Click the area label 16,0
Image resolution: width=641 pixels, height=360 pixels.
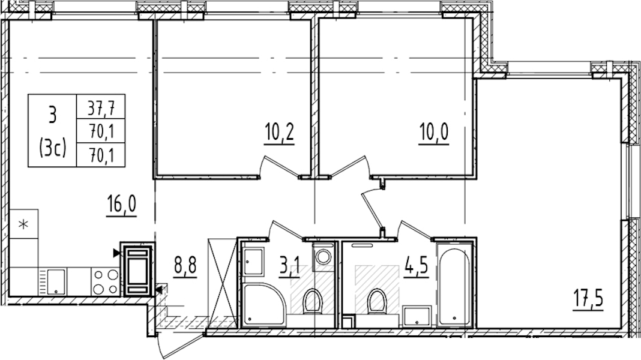pyautogui.click(x=121, y=205)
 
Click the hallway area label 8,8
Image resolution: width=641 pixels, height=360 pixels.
pyautogui.click(x=185, y=266)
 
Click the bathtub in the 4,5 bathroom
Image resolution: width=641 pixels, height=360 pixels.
pyautogui.click(x=454, y=284)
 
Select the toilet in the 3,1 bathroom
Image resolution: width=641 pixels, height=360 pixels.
pyautogui.click(x=314, y=302)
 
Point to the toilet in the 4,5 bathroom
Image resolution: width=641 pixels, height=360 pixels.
pyautogui.click(x=376, y=302)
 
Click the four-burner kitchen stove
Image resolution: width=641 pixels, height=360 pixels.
pyautogui.click(x=106, y=281)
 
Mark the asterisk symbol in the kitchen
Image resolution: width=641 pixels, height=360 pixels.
pyautogui.click(x=24, y=224)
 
